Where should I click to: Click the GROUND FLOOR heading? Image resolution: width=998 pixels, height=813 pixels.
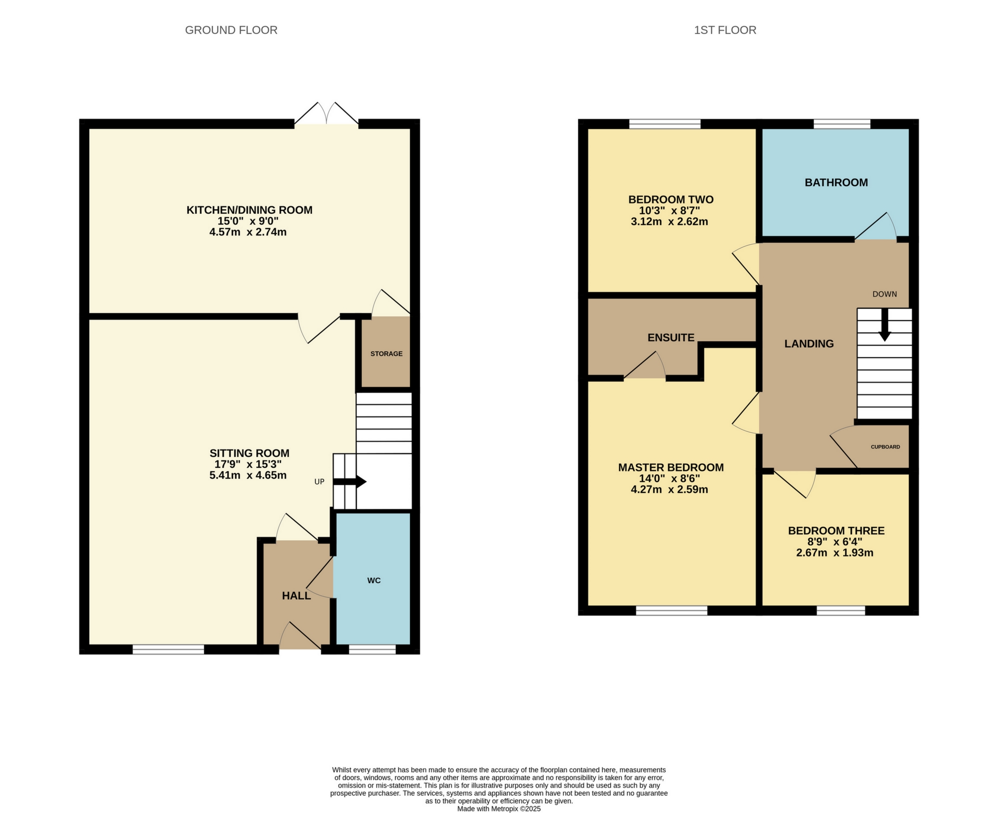231,30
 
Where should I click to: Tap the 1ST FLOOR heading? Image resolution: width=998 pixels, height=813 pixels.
724,30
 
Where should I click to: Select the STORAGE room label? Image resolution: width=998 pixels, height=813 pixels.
386,354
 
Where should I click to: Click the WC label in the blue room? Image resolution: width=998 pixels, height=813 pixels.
374,581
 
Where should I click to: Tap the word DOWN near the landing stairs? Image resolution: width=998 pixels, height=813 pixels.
884,294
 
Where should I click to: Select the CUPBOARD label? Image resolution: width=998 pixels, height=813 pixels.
885,447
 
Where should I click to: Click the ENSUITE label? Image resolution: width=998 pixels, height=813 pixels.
671,337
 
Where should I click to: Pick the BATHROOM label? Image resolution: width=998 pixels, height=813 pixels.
836,183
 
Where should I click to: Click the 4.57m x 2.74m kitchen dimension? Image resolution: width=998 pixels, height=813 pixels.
248,232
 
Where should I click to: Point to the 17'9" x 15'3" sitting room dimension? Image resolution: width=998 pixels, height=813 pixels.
248,464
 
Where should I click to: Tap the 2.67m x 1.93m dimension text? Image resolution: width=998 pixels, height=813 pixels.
834,553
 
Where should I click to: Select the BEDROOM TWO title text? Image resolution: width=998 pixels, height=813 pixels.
671,199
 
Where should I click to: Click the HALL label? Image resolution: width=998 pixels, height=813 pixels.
296,596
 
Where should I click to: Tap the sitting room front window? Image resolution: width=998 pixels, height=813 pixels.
168,650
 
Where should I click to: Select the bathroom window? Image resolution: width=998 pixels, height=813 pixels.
841,124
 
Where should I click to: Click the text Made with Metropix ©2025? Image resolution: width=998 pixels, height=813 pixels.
499,809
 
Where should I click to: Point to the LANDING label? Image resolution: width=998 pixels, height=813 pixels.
809,344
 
